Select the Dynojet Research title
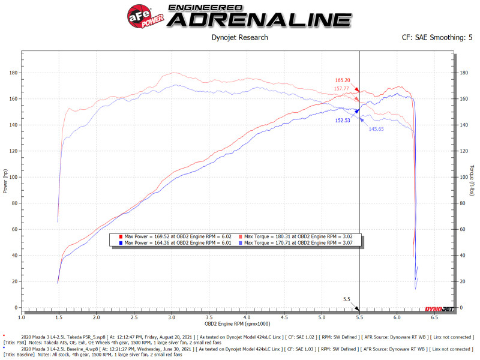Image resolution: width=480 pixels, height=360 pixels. tap(240, 37)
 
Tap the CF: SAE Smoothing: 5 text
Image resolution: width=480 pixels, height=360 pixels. tap(437, 37)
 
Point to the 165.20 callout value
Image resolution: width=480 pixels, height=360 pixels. tap(343, 80)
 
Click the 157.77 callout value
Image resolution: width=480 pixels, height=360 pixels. tap(343, 89)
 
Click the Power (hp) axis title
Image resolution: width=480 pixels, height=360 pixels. tap(6, 180)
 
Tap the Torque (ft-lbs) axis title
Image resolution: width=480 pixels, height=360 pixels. tap(472, 180)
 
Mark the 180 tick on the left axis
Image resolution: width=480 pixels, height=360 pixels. tap(13, 73)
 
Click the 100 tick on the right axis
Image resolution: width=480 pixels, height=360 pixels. tap(463, 177)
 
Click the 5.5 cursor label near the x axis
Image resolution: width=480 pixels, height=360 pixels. tap(346, 299)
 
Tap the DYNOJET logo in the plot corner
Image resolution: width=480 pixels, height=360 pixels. tap(438, 309)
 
